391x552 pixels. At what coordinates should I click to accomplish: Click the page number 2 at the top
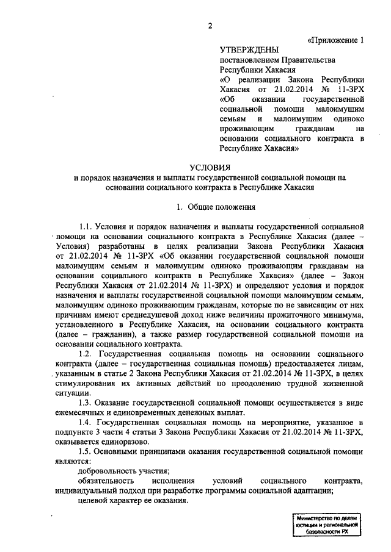click(210, 25)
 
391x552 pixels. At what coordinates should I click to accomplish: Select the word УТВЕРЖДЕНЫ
click(249, 50)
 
